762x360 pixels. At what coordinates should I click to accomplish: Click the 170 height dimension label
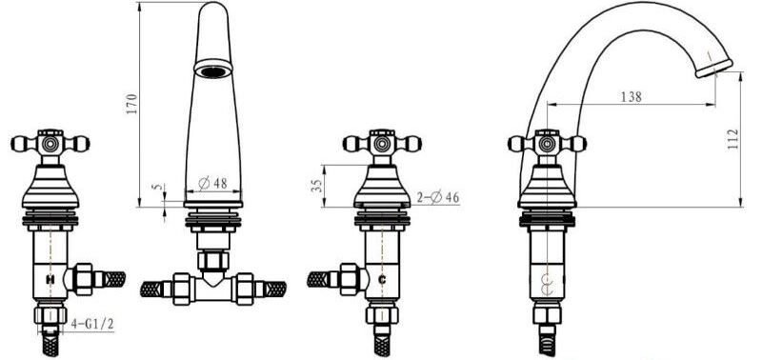(132, 104)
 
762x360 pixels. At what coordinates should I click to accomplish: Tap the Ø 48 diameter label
(212, 183)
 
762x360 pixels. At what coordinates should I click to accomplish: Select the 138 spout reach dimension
(632, 97)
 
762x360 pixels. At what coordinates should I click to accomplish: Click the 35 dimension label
(316, 185)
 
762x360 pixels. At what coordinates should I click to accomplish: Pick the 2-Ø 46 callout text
(438, 197)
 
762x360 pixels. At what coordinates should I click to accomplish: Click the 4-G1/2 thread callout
(92, 324)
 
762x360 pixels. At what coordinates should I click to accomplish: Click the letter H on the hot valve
(50, 279)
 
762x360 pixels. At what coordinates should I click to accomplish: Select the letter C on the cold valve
(382, 279)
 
